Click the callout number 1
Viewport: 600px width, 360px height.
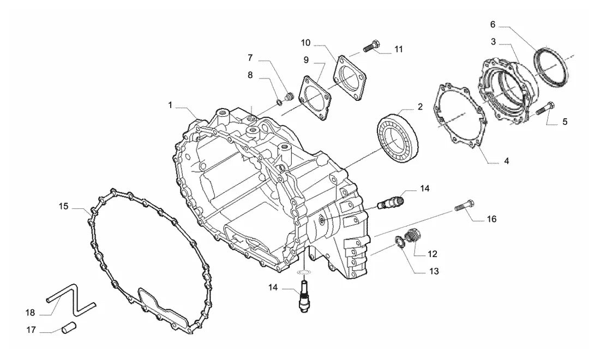point(170,105)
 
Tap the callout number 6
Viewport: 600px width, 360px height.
point(493,25)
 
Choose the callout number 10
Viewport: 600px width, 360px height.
point(305,43)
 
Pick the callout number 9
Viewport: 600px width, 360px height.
point(306,59)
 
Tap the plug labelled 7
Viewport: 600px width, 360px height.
point(289,96)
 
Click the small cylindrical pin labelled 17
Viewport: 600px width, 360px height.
point(69,327)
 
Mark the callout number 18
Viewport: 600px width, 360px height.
point(30,313)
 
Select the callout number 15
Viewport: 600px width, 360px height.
point(63,207)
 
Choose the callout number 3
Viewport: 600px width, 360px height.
point(493,41)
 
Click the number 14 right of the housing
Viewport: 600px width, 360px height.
point(425,189)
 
